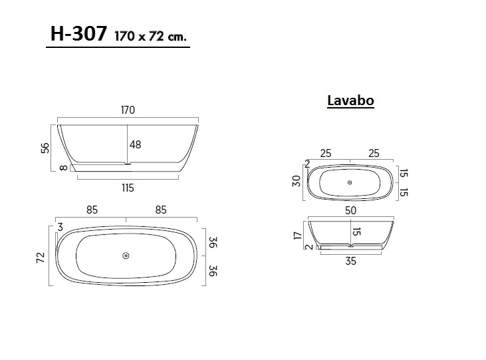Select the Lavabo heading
click(350, 100)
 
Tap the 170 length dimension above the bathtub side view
click(128, 110)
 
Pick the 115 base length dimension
click(128, 188)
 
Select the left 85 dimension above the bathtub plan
click(92, 209)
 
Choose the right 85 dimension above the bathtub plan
click(161, 209)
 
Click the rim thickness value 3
click(61, 228)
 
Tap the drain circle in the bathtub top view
click(126, 256)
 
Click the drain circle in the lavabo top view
click(350, 182)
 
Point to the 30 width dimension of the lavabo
click(297, 181)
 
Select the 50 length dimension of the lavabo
click(350, 210)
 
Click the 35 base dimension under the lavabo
click(350, 261)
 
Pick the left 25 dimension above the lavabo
click(326, 153)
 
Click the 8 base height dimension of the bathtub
click(63, 168)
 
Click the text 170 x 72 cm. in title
click(150, 37)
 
